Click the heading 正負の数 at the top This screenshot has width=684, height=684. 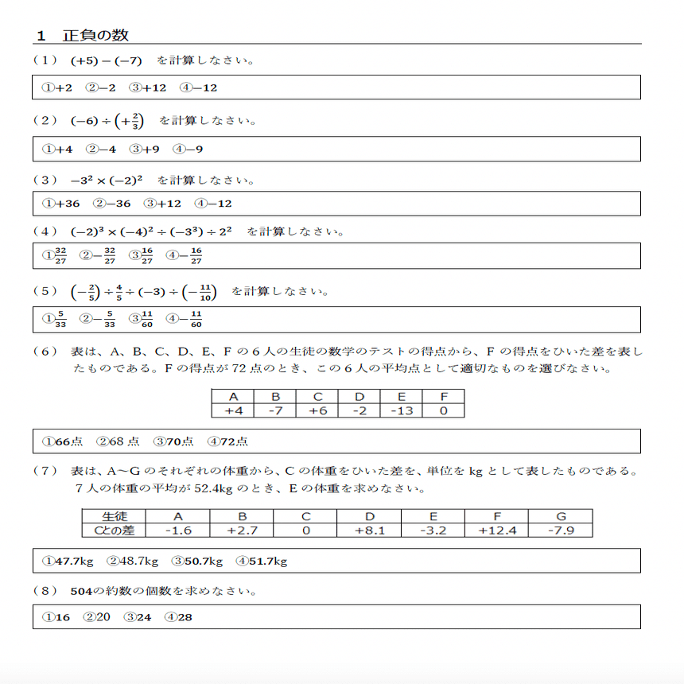[95, 36]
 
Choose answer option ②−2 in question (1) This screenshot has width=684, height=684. [101, 87]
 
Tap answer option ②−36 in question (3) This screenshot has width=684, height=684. [112, 204]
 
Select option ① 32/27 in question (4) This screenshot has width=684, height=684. [54, 256]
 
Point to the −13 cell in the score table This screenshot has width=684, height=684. [401, 410]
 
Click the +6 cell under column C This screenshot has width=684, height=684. [317, 410]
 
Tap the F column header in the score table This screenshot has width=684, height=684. [443, 397]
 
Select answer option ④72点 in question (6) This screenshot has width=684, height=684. [227, 441]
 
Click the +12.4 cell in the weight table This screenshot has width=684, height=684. [496, 530]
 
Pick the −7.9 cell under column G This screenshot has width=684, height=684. [561, 530]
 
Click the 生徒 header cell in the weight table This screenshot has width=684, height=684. [115, 516]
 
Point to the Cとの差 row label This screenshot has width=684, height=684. [115, 530]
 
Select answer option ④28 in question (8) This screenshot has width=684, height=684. [178, 616]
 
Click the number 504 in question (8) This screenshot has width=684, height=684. [81, 592]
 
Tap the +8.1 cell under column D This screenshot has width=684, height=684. [370, 530]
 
